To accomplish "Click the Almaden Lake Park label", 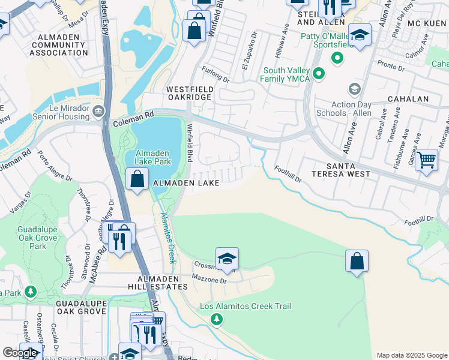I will coord(153,157).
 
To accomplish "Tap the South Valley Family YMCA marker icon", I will coord(319,74).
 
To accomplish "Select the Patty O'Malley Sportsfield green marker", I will coord(337,58).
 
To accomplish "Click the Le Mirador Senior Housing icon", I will coord(99,111).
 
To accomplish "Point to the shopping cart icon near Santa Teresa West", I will coord(426,160).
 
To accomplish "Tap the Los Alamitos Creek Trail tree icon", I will coord(217,319).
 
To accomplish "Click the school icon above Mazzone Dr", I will coord(228,259).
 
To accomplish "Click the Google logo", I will coord(20,353).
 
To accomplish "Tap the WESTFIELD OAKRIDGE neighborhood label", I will coord(190,94).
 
